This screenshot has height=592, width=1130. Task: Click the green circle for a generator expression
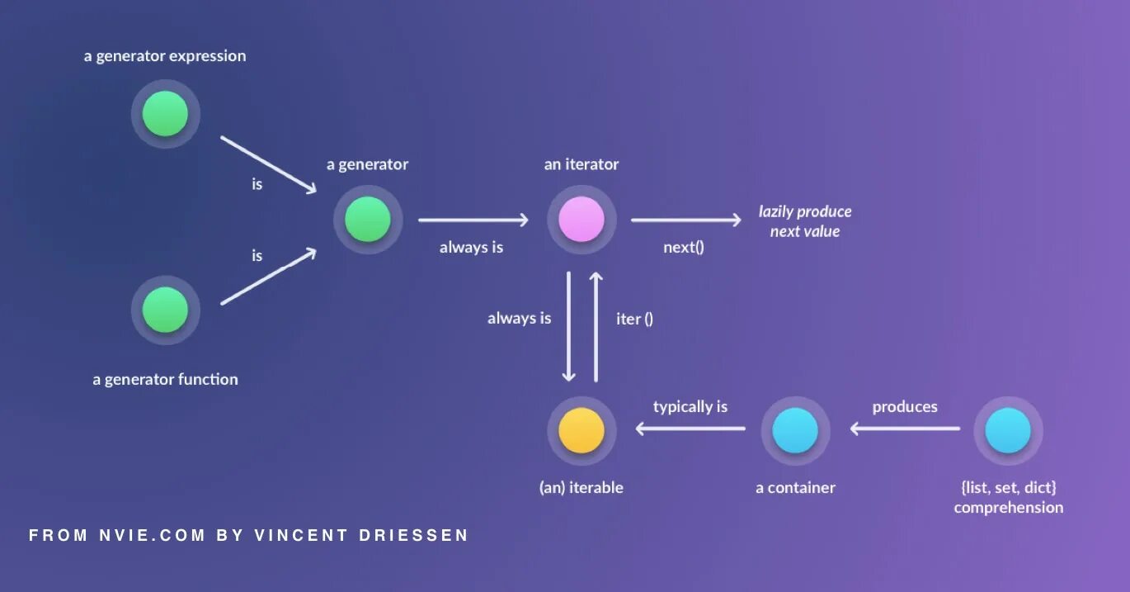[x=165, y=114]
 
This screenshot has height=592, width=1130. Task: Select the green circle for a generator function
[x=165, y=310]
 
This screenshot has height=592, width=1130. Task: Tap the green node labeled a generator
[x=368, y=220]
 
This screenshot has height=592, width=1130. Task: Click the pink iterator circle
[x=581, y=220]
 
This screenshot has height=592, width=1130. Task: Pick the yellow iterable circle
[x=581, y=430]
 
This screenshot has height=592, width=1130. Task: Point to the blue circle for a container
[x=795, y=430]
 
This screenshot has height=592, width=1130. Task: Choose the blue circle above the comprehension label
[x=1008, y=430]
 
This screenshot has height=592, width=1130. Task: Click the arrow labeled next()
[x=686, y=220]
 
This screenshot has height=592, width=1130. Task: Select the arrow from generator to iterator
[x=473, y=220]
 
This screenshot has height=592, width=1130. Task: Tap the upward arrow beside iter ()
[x=596, y=327]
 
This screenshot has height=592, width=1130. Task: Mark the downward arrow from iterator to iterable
[x=568, y=327]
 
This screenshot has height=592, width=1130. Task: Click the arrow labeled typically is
[x=690, y=428]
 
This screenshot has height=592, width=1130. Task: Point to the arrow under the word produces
[x=905, y=428]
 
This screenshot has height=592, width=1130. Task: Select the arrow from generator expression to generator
[x=268, y=165]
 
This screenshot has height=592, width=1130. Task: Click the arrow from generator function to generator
[x=268, y=277]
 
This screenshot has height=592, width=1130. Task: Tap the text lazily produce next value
[x=805, y=221]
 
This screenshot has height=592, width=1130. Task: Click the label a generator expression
[x=165, y=56]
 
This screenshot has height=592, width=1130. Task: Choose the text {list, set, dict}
[x=1008, y=487]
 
